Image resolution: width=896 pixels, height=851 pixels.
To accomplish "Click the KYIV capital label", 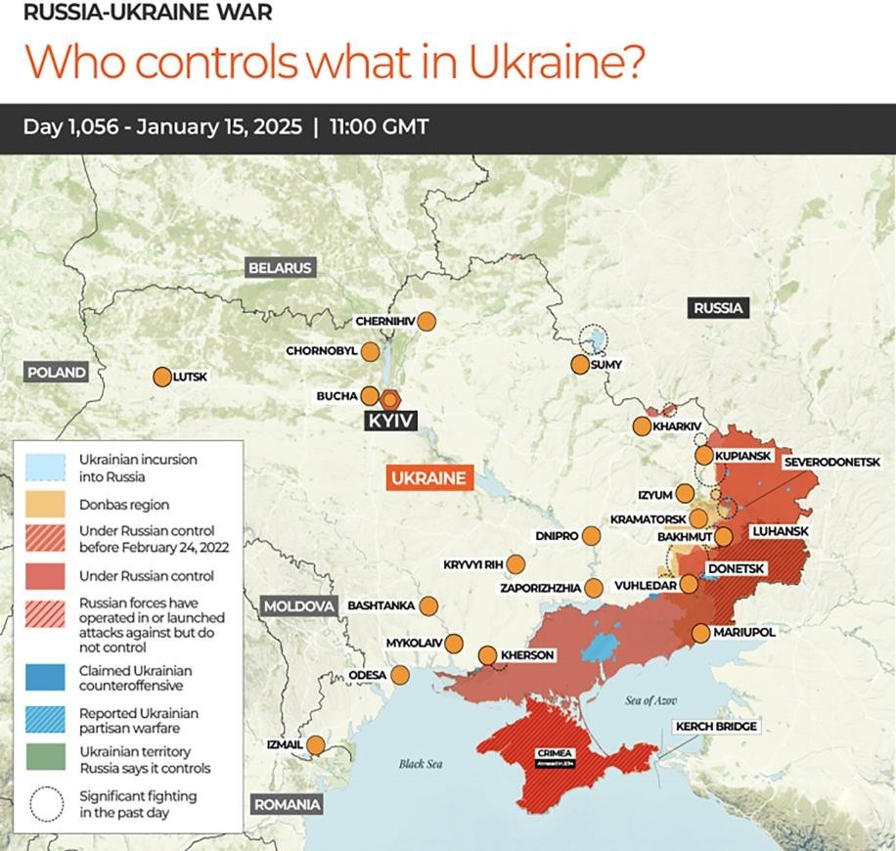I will point(391,421).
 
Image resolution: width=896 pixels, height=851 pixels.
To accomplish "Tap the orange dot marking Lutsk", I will point(161,377).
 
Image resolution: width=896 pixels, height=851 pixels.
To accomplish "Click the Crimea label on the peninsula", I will point(554,752).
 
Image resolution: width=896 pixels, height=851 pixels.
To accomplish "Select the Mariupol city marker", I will point(700,633).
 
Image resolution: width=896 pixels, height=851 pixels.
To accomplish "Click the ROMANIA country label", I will point(288,805).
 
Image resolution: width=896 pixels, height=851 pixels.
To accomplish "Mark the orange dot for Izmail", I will point(315,745).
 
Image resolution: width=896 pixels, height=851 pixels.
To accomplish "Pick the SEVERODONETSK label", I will point(833,461).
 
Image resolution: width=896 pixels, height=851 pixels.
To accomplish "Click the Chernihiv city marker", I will point(426,321).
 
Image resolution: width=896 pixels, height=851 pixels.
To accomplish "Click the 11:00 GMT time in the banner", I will point(379,128).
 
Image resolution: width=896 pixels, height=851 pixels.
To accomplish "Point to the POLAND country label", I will point(57,373).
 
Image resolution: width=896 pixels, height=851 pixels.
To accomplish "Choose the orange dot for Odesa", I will point(400,674).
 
